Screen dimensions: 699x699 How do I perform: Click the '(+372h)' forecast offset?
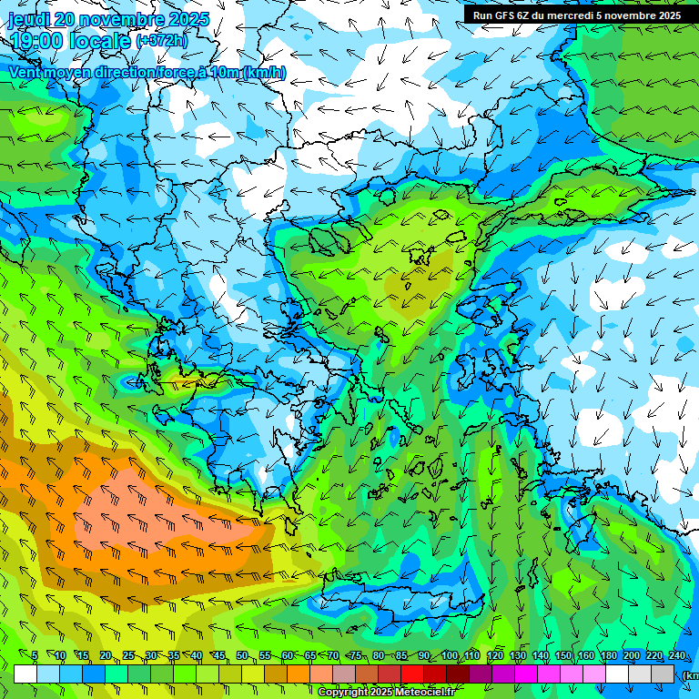click(164, 41)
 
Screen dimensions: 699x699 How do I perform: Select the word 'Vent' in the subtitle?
click(25, 73)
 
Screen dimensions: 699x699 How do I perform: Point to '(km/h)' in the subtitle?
click(264, 73)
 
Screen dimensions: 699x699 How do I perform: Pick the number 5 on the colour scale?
click(35, 656)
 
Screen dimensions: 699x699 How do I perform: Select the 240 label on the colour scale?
click(676, 656)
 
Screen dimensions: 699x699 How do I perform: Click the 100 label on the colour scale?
click(449, 656)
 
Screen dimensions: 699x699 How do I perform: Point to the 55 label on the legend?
click(265, 656)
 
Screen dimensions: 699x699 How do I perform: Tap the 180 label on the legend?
click(608, 656)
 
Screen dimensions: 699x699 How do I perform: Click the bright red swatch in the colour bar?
click(412, 674)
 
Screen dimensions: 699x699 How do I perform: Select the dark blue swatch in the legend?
click(94, 674)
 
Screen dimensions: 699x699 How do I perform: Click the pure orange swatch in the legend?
click(299, 674)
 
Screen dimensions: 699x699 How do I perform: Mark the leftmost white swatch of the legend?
click(25, 674)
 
